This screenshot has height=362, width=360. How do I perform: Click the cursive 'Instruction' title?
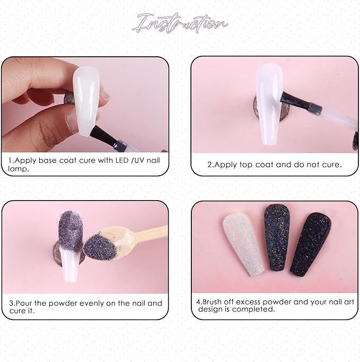point(181,23)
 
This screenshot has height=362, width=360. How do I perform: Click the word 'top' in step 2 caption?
point(240,165)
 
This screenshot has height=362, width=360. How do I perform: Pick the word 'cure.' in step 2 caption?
point(330,165)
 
